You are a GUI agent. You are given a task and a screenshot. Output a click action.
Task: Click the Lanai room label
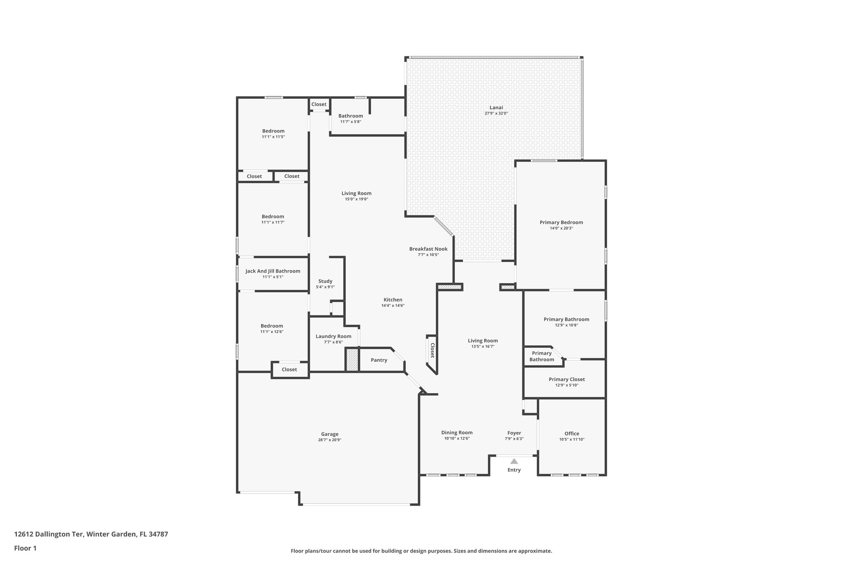[x=496, y=107]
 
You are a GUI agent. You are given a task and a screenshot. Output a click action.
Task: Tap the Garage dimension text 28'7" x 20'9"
[x=330, y=440]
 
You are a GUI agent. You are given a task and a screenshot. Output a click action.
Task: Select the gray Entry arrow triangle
[x=514, y=461]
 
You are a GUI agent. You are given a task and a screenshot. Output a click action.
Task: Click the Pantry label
[x=379, y=360]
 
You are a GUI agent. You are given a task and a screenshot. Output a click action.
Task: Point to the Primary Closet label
[x=566, y=380]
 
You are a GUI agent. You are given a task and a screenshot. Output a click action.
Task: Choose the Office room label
[x=572, y=434]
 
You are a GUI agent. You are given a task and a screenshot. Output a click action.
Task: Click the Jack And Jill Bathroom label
[x=273, y=271]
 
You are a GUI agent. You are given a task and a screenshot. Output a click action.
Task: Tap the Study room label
[x=325, y=281]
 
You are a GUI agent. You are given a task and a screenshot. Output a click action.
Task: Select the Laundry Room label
[x=333, y=336]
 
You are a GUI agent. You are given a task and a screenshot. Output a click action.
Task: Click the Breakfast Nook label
[x=428, y=249]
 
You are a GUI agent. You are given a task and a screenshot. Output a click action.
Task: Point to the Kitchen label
[x=393, y=300]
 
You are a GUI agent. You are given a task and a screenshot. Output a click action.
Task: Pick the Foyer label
[x=514, y=433]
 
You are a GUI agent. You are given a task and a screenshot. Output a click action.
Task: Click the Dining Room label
[x=457, y=433]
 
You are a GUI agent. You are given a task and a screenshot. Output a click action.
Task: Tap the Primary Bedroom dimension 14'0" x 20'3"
[x=561, y=228]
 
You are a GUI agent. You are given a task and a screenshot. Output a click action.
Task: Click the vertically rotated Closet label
[x=432, y=350]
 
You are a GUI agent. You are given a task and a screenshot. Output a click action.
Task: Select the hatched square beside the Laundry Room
[x=352, y=360]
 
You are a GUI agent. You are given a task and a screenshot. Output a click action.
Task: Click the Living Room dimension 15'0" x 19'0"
[x=356, y=199]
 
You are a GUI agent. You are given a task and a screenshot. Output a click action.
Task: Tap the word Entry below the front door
[x=514, y=470]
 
